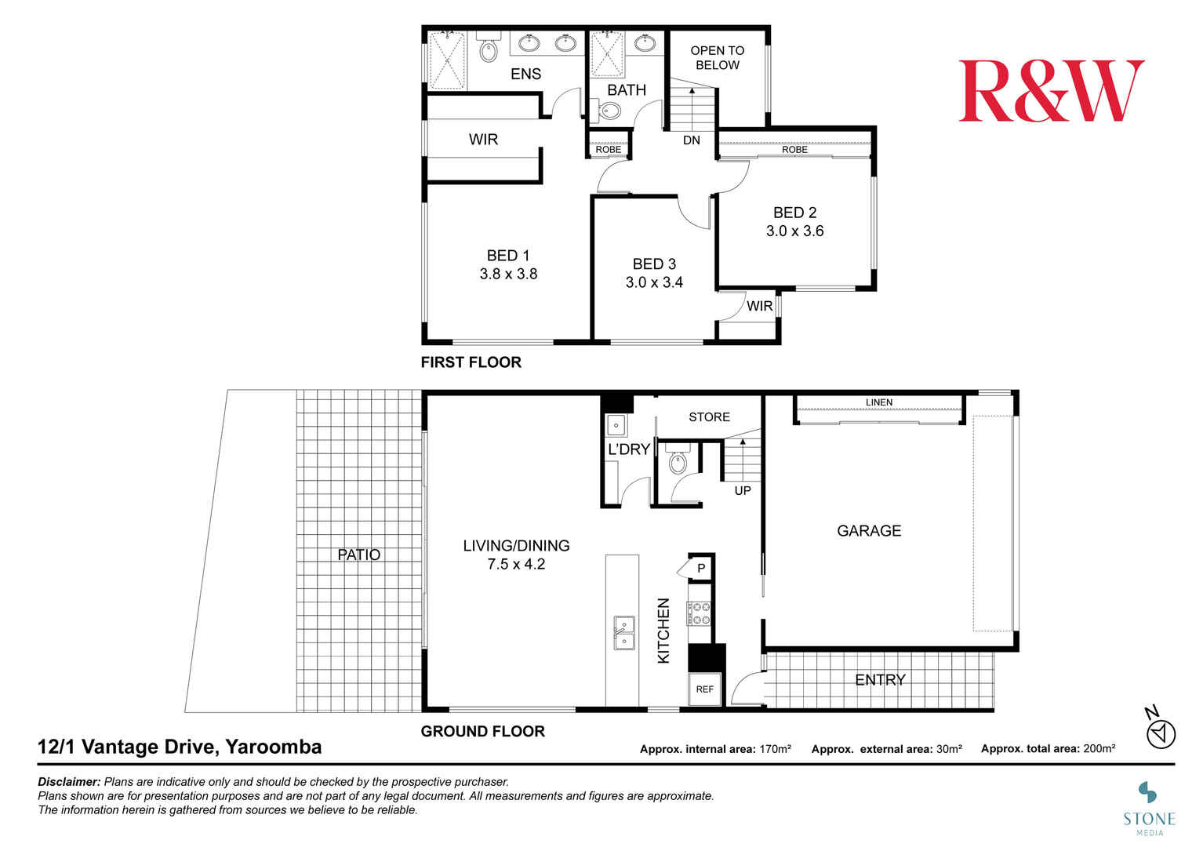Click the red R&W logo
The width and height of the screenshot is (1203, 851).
(x=1052, y=91)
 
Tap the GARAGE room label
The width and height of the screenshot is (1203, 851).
(x=869, y=531)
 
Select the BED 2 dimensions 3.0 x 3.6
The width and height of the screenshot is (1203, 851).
(x=795, y=231)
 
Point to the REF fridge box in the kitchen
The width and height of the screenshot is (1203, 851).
(x=704, y=689)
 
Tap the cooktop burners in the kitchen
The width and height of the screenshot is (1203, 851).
(x=699, y=613)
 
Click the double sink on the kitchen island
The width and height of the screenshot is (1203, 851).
(x=624, y=633)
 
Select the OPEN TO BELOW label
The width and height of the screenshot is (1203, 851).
(x=718, y=57)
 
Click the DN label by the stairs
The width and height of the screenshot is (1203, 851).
(x=692, y=140)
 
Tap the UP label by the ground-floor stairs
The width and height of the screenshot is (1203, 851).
(x=743, y=490)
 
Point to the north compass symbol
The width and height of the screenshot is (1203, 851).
(x=1161, y=729)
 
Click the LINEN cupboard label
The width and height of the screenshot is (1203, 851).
(x=879, y=402)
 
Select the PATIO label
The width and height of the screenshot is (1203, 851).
(x=358, y=555)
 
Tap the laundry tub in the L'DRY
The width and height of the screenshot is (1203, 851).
(x=616, y=425)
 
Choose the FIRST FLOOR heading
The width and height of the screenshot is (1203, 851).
(x=471, y=362)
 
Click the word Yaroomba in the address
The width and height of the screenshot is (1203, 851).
(x=274, y=747)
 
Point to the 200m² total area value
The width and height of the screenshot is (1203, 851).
(x=1099, y=748)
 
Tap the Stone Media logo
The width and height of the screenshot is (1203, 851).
(x=1150, y=809)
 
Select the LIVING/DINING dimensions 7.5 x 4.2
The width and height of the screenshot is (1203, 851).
(x=516, y=564)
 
